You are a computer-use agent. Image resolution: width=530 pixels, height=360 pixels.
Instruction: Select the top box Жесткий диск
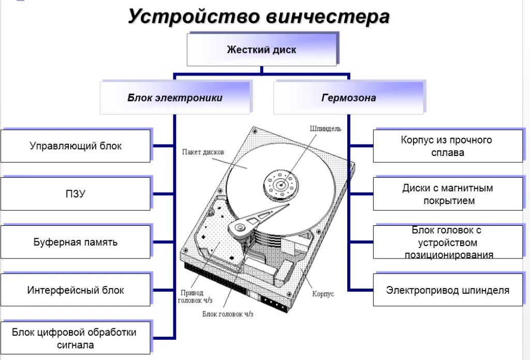click(x=261, y=50)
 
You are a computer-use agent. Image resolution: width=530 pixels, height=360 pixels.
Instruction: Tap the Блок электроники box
click(x=175, y=98)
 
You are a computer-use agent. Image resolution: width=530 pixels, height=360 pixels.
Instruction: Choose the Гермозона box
click(x=348, y=98)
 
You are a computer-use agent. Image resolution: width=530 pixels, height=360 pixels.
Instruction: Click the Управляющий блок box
click(x=76, y=146)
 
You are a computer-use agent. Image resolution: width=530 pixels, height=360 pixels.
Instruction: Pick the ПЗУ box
click(x=76, y=194)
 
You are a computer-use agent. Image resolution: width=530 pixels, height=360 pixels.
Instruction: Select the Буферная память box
click(x=76, y=242)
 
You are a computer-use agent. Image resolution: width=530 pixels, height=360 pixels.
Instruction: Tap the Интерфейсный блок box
click(x=76, y=290)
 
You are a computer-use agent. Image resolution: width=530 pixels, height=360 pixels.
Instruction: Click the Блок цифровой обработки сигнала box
click(x=76, y=338)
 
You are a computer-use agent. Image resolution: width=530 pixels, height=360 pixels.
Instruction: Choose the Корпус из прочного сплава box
click(x=447, y=146)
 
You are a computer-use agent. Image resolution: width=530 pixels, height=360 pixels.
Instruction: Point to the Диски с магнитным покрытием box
click(x=447, y=194)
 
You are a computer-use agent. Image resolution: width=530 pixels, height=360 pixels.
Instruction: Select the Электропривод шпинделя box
click(x=447, y=290)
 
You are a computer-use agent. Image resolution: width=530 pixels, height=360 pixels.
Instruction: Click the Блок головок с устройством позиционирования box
click(x=447, y=242)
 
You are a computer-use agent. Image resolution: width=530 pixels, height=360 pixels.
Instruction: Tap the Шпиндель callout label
click(x=325, y=128)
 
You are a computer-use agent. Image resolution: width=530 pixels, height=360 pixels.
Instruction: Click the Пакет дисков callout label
click(x=203, y=152)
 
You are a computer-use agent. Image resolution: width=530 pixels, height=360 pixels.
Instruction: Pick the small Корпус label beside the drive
click(x=323, y=294)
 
